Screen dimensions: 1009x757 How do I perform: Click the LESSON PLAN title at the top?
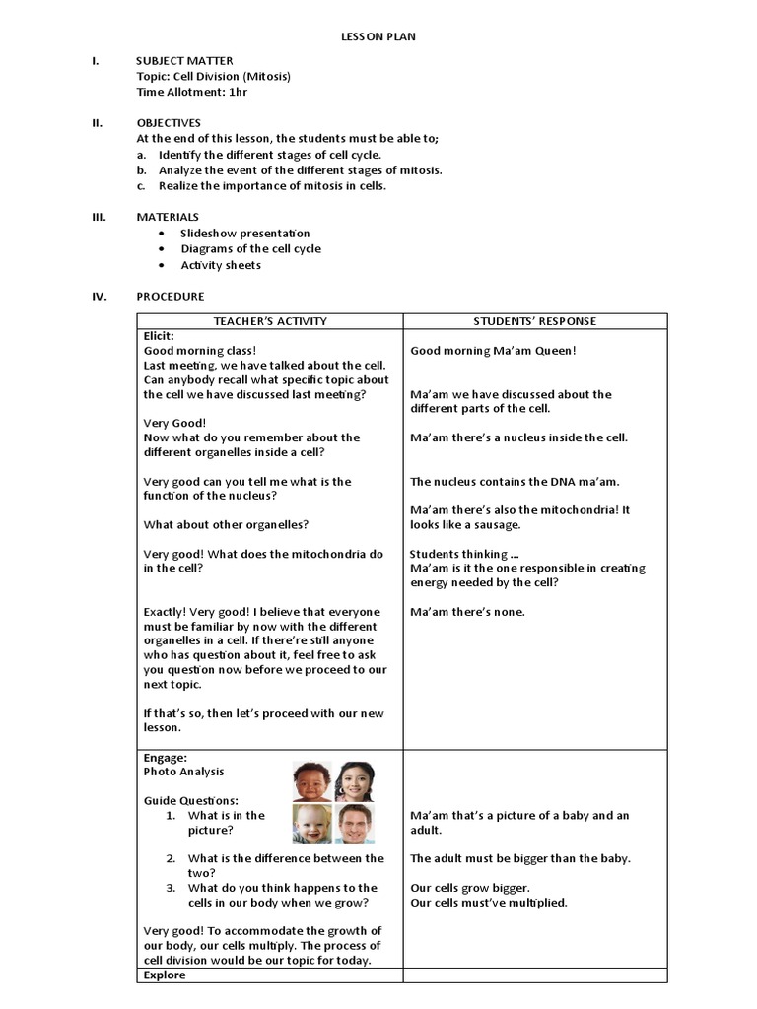[378, 36]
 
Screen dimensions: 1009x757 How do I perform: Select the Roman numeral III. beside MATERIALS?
[99, 217]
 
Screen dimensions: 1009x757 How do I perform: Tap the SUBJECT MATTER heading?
[184, 61]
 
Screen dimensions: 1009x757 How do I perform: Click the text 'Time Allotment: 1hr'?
[192, 92]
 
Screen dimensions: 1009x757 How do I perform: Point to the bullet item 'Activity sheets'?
[221, 265]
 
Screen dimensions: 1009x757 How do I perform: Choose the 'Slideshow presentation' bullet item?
[244, 234]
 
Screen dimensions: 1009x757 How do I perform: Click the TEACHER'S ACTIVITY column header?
[270, 321]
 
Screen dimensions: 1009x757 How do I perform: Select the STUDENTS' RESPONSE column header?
[534, 321]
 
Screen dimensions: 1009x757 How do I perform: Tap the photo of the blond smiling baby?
[311, 825]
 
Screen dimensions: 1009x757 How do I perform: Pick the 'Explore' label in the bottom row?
[165, 975]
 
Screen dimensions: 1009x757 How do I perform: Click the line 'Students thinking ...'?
[463, 554]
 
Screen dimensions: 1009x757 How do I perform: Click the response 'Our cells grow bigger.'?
[469, 888]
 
